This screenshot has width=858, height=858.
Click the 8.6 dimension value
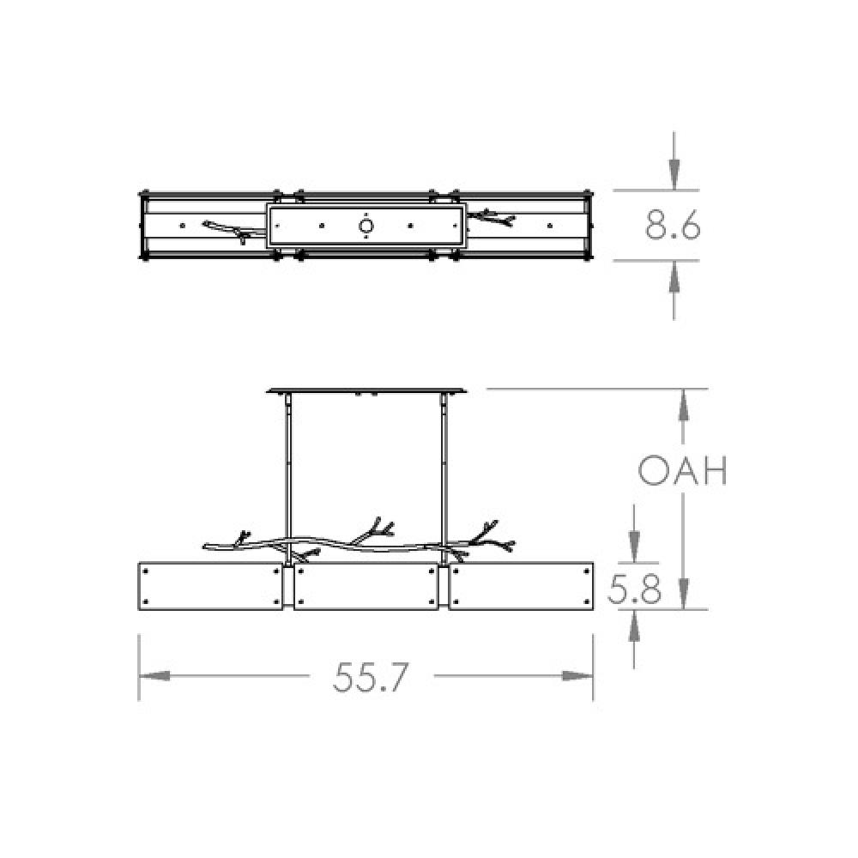(x=674, y=226)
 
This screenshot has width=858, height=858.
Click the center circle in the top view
(x=366, y=227)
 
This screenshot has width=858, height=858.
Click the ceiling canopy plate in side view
(x=369, y=390)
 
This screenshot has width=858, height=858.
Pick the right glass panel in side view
(x=522, y=585)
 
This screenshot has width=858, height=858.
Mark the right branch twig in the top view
(x=493, y=216)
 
